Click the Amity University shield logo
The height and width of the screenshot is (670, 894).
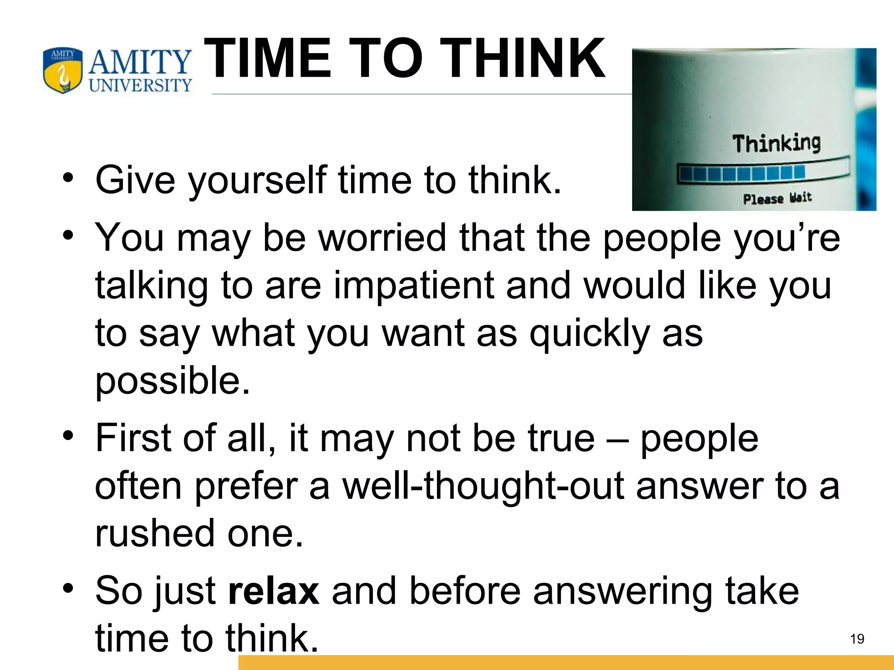[62, 70]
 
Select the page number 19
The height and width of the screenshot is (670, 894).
[857, 639]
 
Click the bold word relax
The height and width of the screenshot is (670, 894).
[274, 591]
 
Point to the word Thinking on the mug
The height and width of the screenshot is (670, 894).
[776, 144]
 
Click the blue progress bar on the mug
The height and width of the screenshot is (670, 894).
[742, 173]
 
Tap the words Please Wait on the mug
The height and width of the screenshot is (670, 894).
[777, 198]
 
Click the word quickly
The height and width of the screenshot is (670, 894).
[589, 334]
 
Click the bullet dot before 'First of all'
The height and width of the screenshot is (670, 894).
[68, 436]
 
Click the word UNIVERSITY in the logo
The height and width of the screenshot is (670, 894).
[140, 85]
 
